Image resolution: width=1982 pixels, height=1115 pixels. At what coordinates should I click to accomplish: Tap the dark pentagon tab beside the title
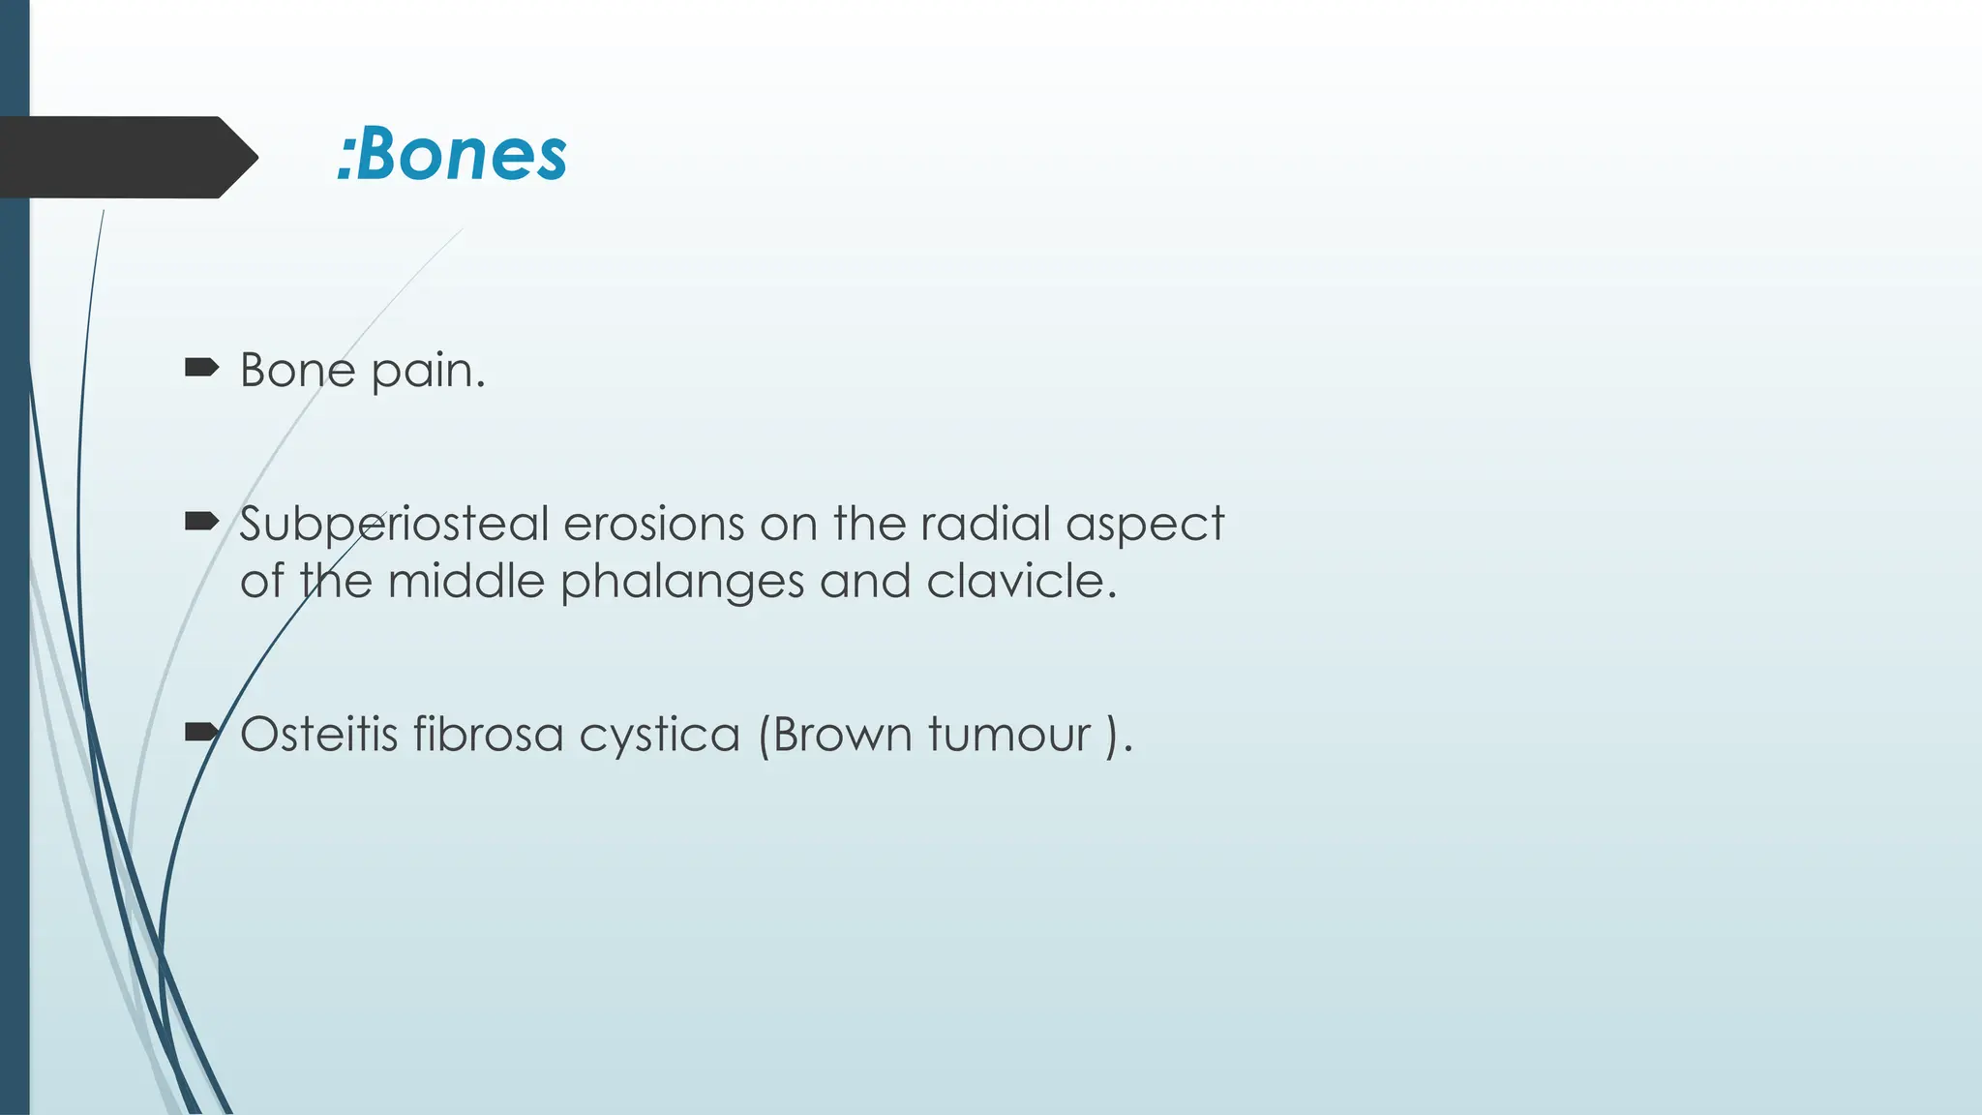[126, 157]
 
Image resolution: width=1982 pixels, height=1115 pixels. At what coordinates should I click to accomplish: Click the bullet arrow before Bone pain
[201, 367]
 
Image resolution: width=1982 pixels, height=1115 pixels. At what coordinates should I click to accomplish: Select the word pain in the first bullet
[428, 372]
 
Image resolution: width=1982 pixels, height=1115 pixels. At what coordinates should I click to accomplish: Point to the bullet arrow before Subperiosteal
[201, 523]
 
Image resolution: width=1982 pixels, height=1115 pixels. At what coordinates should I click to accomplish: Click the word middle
[466, 582]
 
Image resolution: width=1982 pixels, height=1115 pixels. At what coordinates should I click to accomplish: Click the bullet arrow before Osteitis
[201, 732]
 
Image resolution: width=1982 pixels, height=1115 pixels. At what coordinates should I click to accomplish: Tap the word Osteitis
[318, 734]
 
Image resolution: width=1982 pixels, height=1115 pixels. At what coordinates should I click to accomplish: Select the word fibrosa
[488, 734]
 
